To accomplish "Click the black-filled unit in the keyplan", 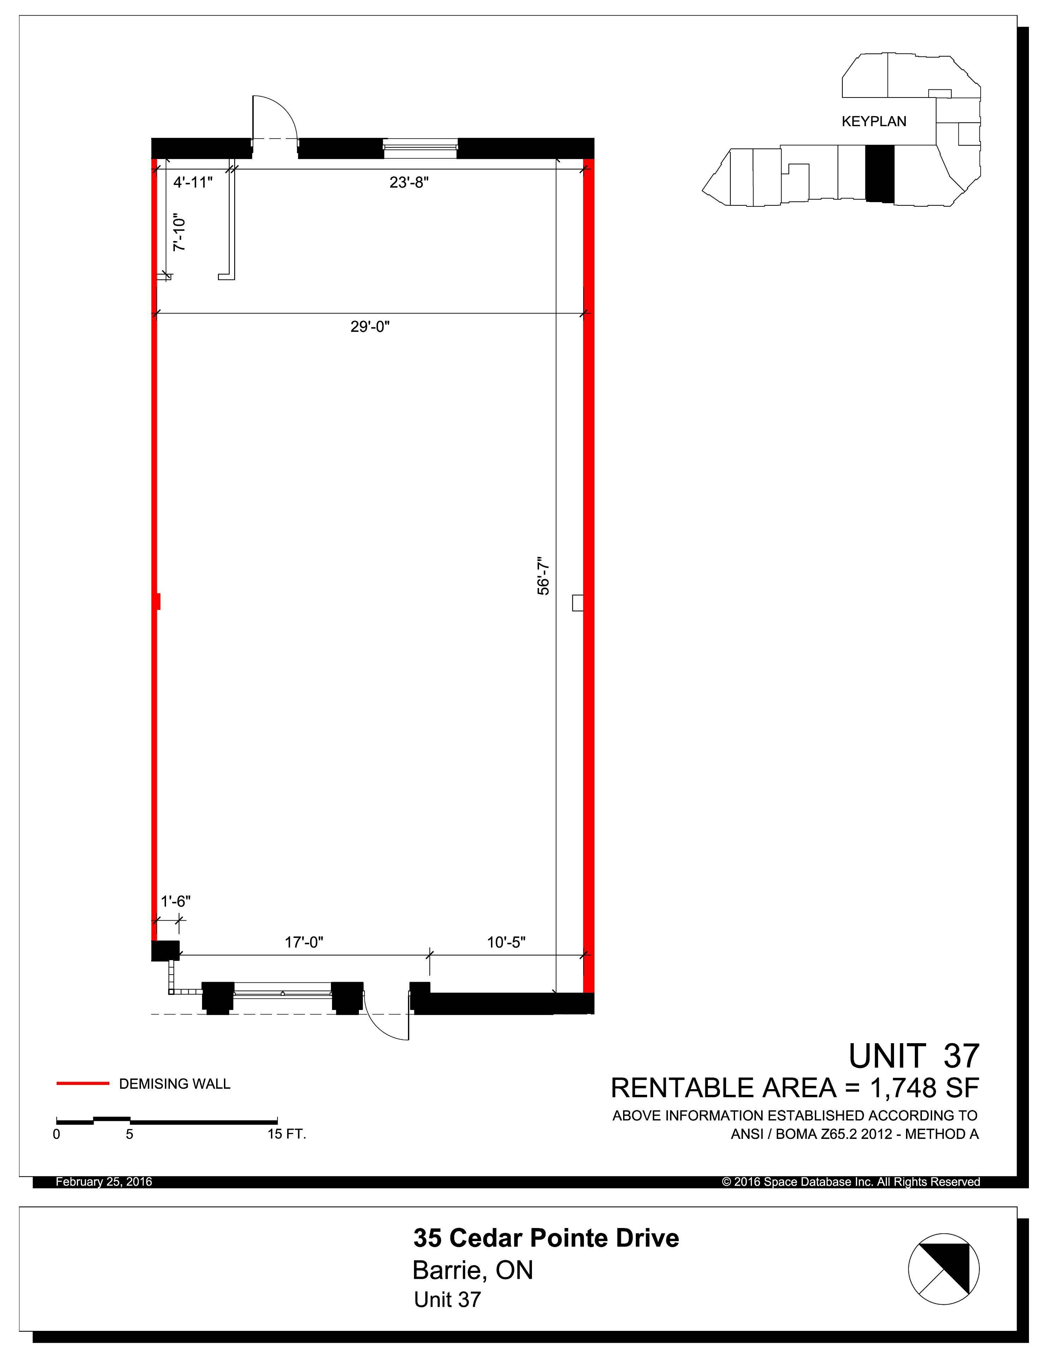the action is [880, 174].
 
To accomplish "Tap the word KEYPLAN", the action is [874, 122].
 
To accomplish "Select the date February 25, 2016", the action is [104, 1182].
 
